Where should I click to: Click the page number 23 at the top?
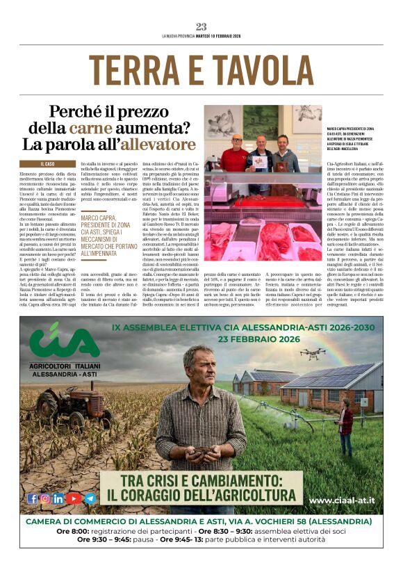pyautogui.click(x=201, y=27)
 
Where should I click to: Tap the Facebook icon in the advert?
pyautogui.click(x=32, y=498)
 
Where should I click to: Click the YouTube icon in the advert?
pyautogui.click(x=74, y=498)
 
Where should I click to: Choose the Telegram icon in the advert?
pyautogui.click(x=90, y=498)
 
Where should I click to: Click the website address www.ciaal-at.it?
pyautogui.click(x=342, y=500)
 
